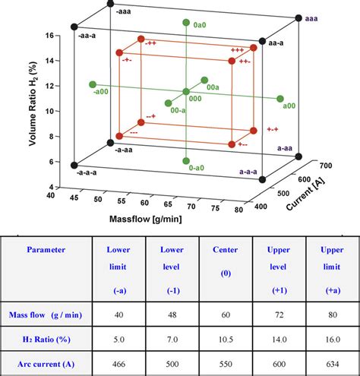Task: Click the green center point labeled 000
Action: click(x=186, y=92)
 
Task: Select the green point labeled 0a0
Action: click(x=186, y=23)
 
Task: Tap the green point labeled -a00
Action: click(x=92, y=84)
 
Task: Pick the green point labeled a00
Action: click(x=280, y=100)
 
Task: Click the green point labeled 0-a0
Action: click(x=186, y=161)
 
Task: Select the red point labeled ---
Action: click(x=118, y=137)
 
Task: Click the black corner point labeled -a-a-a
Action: click(x=74, y=165)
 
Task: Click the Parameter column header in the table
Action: click(x=46, y=248)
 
